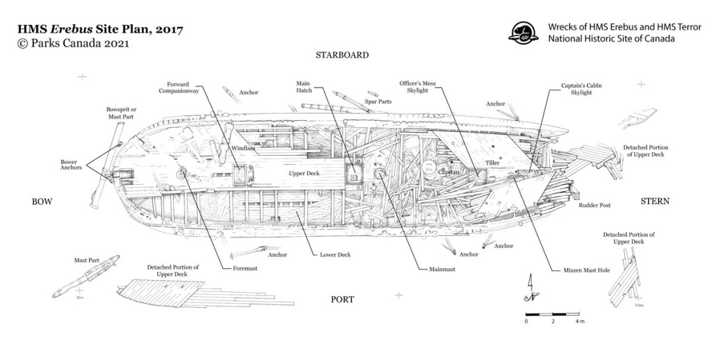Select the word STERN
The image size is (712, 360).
click(x=654, y=202)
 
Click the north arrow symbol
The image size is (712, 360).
click(x=531, y=289)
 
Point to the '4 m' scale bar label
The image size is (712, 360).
click(x=579, y=322)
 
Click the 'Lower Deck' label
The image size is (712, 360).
click(x=335, y=255)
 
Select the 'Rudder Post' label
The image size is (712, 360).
click(x=595, y=206)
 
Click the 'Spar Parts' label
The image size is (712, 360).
click(x=379, y=101)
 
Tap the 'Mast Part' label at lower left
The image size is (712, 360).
click(x=86, y=260)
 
